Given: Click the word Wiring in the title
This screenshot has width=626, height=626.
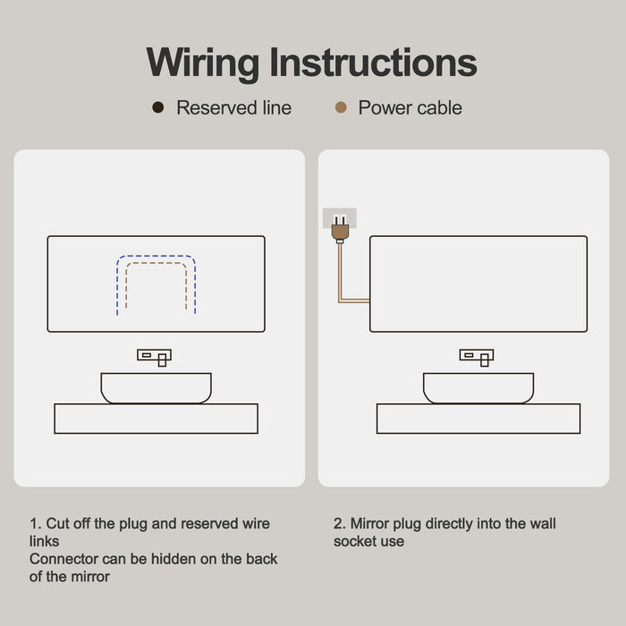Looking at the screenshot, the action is coord(203,63).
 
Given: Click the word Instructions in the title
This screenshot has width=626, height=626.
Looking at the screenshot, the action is coord(373,62).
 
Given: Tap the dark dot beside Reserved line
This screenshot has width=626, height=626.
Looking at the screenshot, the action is coord(158,107).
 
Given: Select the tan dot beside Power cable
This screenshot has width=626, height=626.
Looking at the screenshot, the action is coord(341,107).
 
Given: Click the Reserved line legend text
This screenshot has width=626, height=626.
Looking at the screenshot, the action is coord(234,108).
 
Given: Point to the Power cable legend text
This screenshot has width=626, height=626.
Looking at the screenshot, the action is coord(410,108).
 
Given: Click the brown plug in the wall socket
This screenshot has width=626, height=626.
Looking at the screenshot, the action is coord(340,229).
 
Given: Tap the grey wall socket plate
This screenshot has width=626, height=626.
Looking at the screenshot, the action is coord(340,218).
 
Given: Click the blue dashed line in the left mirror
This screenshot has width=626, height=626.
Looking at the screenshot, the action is coord(156,256).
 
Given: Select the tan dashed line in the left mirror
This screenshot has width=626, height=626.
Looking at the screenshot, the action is coord(156,263).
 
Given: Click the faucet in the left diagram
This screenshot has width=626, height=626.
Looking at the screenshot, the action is coord(155,358).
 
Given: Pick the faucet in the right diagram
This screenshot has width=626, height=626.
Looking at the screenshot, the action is coord(477,358).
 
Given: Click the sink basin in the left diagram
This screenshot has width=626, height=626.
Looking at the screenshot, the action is coord(156,388).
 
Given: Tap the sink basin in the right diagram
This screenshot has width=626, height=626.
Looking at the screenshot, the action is coord(478,388).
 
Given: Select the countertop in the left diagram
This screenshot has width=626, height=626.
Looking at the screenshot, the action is coord(156,419).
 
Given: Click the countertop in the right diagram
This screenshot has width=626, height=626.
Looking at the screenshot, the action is coord(478,419).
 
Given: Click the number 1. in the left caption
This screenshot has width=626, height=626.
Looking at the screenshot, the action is coord(36,523).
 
